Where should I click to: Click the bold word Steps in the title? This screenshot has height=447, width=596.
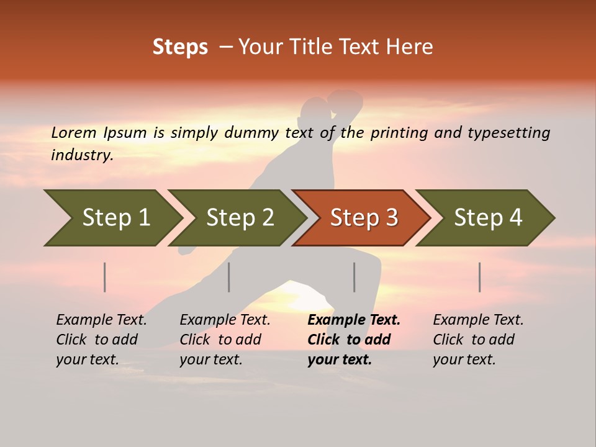(x=180, y=47)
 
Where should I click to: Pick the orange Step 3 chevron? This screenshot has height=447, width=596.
(x=363, y=218)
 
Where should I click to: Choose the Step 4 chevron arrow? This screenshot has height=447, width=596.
(x=487, y=218)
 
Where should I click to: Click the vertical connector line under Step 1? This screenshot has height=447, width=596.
(x=105, y=277)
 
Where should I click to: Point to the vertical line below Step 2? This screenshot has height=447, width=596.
(x=229, y=277)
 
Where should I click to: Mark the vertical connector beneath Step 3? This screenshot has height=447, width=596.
(x=354, y=277)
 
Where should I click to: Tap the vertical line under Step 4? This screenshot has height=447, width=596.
(x=480, y=277)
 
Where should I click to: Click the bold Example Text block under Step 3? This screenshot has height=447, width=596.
(x=354, y=340)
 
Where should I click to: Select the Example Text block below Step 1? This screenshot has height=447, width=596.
(x=101, y=340)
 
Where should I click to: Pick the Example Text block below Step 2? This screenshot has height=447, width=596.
(x=225, y=340)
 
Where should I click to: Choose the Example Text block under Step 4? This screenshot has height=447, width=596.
(x=478, y=340)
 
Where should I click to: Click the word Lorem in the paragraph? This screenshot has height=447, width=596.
(x=73, y=133)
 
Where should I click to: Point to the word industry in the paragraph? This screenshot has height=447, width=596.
(x=82, y=155)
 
